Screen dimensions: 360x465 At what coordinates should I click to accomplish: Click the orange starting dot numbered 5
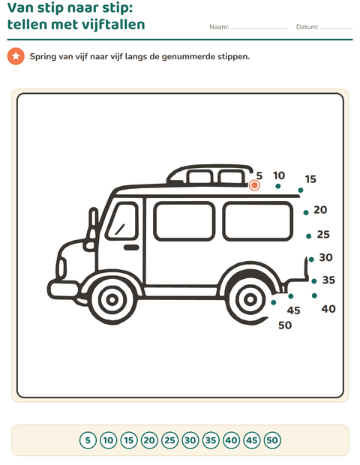pyautogui.click(x=254, y=186)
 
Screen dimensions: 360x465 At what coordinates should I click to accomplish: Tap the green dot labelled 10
pyautogui.click(x=277, y=186)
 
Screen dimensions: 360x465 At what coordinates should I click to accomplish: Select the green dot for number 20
pyautogui.click(x=306, y=213)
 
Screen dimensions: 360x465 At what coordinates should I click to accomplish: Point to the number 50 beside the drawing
pyautogui.click(x=285, y=325)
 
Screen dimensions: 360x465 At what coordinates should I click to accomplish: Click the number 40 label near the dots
pyautogui.click(x=328, y=309)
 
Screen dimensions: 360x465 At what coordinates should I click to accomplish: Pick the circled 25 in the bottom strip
pyautogui.click(x=169, y=440)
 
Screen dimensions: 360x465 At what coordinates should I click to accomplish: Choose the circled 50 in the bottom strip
pyautogui.click(x=272, y=440)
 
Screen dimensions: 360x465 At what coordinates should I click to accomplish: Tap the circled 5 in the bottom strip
pyautogui.click(x=88, y=440)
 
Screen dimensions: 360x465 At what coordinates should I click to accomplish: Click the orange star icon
pyautogui.click(x=16, y=56)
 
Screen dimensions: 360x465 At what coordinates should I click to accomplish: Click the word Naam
pyautogui.click(x=219, y=27)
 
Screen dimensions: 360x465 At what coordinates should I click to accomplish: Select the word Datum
pyautogui.click(x=307, y=27)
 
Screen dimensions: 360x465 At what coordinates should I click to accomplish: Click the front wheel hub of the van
pyautogui.click(x=112, y=300)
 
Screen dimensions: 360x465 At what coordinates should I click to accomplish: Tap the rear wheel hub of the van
pyautogui.click(x=250, y=299)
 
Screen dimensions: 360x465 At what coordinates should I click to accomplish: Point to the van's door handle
pyautogui.click(x=131, y=247)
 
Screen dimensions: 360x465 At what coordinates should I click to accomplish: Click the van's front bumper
pyautogui.click(x=63, y=289)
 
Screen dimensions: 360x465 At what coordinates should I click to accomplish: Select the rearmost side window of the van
pyautogui.click(x=257, y=221)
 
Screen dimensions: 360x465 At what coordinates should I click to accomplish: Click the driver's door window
pyautogui.click(x=122, y=221)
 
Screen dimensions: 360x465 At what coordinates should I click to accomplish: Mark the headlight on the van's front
pyautogui.click(x=61, y=268)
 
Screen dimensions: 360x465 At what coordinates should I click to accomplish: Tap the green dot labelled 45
pyautogui.click(x=290, y=296)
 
